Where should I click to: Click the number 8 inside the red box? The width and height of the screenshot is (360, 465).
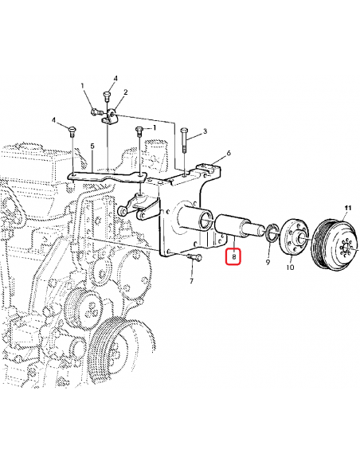(x=233, y=257)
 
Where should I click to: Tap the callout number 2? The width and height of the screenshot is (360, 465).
(x=125, y=92)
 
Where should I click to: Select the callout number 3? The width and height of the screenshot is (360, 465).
(x=205, y=131)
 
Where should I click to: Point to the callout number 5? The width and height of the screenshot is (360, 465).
(x=92, y=147)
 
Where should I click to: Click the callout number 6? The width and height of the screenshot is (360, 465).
(x=228, y=153)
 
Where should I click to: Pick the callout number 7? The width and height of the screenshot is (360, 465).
(x=191, y=282)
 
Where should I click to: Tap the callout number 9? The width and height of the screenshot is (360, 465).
(x=268, y=260)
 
